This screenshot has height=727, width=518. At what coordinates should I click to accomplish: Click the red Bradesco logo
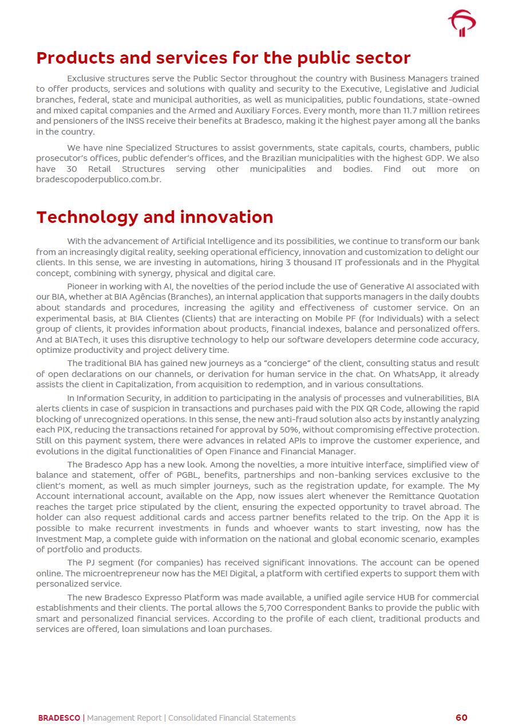pyautogui.click(x=462, y=23)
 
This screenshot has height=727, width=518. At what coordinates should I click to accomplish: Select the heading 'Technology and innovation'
pyautogui.click(x=155, y=217)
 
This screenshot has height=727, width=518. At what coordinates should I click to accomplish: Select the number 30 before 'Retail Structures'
pyautogui.click(x=72, y=169)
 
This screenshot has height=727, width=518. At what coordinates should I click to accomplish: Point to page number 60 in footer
pyautogui.click(x=461, y=718)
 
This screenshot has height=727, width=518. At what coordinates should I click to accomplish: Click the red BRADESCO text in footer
pyautogui.click(x=59, y=718)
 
